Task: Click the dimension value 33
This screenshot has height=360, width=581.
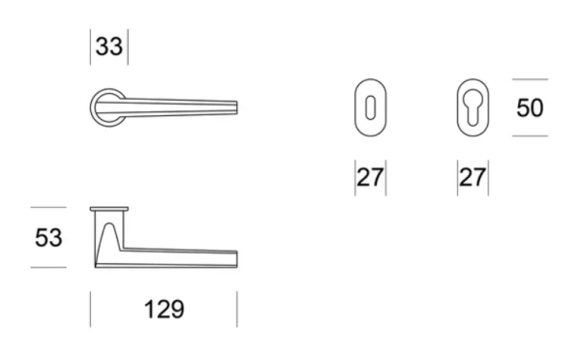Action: [x=108, y=47]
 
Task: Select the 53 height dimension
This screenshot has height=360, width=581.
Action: [x=47, y=237]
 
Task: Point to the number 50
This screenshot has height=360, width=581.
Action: [x=530, y=107]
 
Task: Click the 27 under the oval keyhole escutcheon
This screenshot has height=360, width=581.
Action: [x=370, y=179]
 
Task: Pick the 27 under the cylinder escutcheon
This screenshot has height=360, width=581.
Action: [x=472, y=179]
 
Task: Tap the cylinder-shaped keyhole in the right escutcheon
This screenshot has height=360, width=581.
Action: [x=472, y=106]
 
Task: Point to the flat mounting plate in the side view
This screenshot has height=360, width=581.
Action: [x=109, y=209]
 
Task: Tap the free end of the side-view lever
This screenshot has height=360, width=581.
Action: [x=233, y=257]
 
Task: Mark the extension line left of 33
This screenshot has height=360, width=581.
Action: [x=91, y=47]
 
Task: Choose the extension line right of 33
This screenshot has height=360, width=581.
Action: [x=127, y=47]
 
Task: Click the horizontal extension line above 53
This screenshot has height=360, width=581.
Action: [x=48, y=207]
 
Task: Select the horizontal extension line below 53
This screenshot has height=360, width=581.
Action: [x=48, y=267]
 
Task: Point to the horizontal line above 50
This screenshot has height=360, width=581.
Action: [x=530, y=79]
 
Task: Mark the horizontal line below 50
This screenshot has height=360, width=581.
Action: [x=530, y=135]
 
